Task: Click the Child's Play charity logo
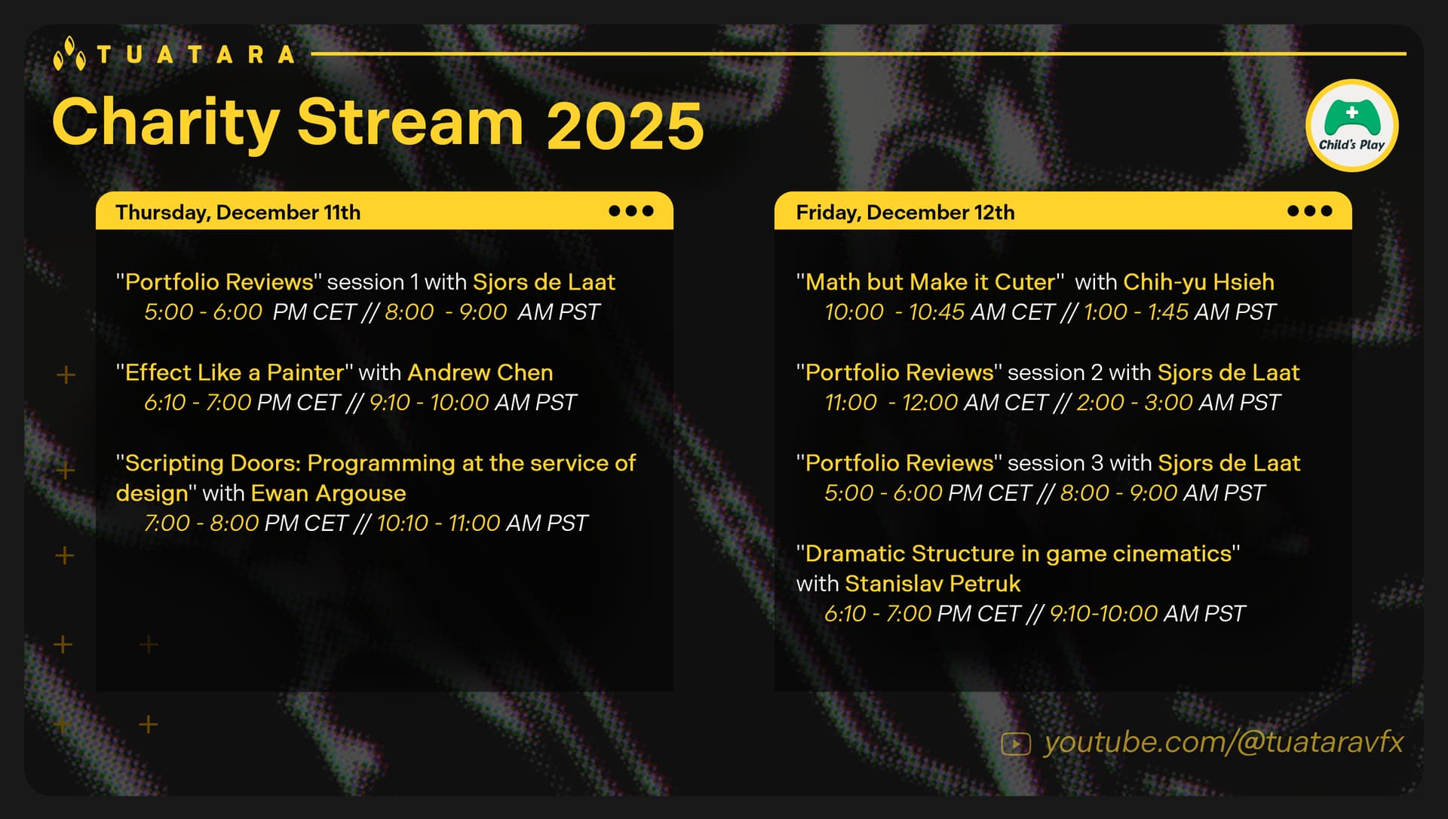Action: click(x=1351, y=126)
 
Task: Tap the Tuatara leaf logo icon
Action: click(x=69, y=54)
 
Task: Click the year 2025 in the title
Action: click(x=625, y=125)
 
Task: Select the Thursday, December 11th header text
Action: click(x=238, y=213)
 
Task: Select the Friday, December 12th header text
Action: click(x=905, y=213)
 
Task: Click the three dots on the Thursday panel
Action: click(x=631, y=211)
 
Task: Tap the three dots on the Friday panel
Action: click(x=1310, y=211)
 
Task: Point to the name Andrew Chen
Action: click(x=480, y=373)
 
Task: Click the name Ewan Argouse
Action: click(x=328, y=493)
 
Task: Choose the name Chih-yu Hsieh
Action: click(x=1198, y=282)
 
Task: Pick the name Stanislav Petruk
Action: click(x=932, y=584)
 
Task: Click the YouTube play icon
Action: click(x=1015, y=744)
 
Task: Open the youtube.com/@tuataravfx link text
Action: click(x=1223, y=742)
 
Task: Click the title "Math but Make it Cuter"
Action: click(x=931, y=282)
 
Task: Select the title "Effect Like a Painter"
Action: click(x=235, y=373)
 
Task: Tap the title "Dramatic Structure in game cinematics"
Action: click(x=1018, y=554)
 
